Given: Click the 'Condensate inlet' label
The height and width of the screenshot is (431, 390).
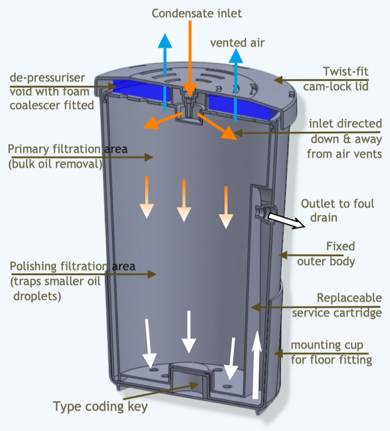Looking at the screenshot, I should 197,13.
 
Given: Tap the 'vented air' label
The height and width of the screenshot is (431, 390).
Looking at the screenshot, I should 238,42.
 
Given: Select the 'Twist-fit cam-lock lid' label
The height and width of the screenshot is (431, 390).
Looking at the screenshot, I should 338,79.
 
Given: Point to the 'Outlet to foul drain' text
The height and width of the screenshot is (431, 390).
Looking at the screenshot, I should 337,210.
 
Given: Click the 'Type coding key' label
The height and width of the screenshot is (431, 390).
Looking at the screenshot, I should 100,407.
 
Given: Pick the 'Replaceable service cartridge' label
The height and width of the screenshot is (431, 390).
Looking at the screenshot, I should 337,305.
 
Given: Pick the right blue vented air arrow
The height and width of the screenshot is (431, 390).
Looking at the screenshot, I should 236,83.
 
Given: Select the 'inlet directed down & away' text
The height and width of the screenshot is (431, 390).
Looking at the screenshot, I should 345,138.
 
